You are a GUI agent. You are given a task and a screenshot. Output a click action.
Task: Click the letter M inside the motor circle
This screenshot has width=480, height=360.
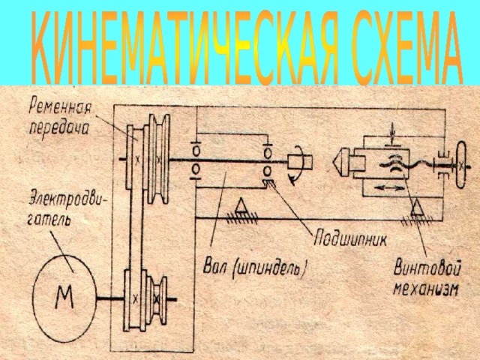(x=64, y=296)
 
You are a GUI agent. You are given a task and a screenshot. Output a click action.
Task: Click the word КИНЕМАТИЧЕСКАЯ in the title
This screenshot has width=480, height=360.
(x=185, y=47)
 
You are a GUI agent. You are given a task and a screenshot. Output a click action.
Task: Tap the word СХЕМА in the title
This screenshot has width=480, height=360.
(x=407, y=47)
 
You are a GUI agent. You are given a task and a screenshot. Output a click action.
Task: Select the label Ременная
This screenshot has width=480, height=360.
(x=60, y=108)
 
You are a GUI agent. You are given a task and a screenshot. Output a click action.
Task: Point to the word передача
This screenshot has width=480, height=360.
(x=58, y=128)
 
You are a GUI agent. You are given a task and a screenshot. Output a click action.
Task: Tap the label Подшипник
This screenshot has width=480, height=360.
(x=350, y=239)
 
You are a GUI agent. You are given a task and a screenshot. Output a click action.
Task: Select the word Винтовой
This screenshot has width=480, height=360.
(x=427, y=268)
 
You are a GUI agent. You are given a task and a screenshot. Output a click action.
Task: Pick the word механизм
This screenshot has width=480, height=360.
(x=426, y=288)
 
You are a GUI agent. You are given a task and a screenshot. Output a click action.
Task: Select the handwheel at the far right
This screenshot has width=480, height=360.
(x=460, y=165)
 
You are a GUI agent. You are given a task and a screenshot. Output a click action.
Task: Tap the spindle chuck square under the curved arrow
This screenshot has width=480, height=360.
(x=300, y=162)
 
